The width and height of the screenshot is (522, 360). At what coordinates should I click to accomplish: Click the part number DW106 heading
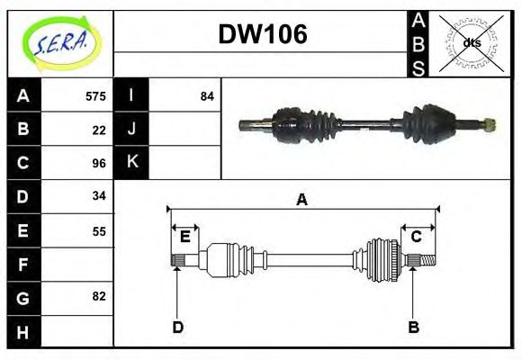click(263, 34)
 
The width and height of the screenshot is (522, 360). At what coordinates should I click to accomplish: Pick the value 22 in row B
click(99, 130)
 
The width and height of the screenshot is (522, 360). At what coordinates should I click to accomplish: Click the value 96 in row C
click(99, 163)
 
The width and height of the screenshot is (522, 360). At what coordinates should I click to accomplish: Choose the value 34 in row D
click(99, 195)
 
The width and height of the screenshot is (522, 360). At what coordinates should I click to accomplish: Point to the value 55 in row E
click(99, 230)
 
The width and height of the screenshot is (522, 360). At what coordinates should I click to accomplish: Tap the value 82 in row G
click(99, 296)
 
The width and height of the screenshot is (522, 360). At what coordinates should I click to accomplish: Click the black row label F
click(23, 265)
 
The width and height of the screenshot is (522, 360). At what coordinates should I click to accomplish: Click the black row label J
click(131, 130)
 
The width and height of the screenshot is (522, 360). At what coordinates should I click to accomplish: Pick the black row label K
click(131, 163)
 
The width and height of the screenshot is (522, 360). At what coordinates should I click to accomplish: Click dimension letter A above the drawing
click(302, 200)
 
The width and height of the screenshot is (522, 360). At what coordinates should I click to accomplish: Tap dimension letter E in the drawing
click(184, 237)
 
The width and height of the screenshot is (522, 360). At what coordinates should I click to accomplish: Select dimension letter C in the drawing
click(417, 237)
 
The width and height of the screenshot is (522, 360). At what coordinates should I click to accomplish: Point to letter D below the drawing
click(177, 327)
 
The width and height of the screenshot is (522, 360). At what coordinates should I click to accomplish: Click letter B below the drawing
click(413, 327)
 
